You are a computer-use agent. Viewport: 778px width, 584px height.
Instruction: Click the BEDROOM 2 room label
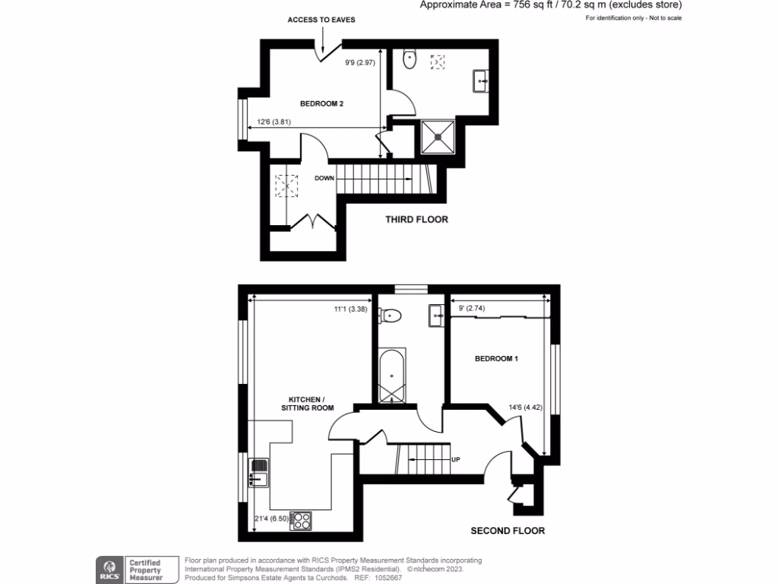pos(321,104)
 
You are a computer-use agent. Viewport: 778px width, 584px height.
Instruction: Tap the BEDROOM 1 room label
pos(496,358)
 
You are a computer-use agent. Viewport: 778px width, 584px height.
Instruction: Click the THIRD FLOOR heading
pos(416,220)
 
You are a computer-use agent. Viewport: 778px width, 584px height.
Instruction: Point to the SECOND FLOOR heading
pos(508,531)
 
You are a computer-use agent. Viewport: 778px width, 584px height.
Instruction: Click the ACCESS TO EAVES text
pos(321,19)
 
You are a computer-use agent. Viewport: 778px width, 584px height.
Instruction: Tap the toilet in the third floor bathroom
pos(410,59)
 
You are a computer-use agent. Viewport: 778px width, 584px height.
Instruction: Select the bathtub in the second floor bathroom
pos(392,375)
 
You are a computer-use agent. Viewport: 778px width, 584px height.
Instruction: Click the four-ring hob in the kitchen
pos(301,520)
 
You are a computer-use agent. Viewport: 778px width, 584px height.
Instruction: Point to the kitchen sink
pos(258,471)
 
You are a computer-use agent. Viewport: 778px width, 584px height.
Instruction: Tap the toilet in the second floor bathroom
pos(391,314)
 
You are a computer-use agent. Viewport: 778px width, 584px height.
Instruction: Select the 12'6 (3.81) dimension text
pos(274,122)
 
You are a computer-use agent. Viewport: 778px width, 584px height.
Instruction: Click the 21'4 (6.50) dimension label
pos(270,519)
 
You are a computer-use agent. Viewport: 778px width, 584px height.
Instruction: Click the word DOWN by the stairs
pos(326,179)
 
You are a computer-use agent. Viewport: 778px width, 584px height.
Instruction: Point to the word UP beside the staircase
pos(456,460)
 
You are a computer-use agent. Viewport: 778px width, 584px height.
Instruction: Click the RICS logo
pos(107,568)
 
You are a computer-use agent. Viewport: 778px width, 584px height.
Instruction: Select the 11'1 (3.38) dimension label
pos(350,309)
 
